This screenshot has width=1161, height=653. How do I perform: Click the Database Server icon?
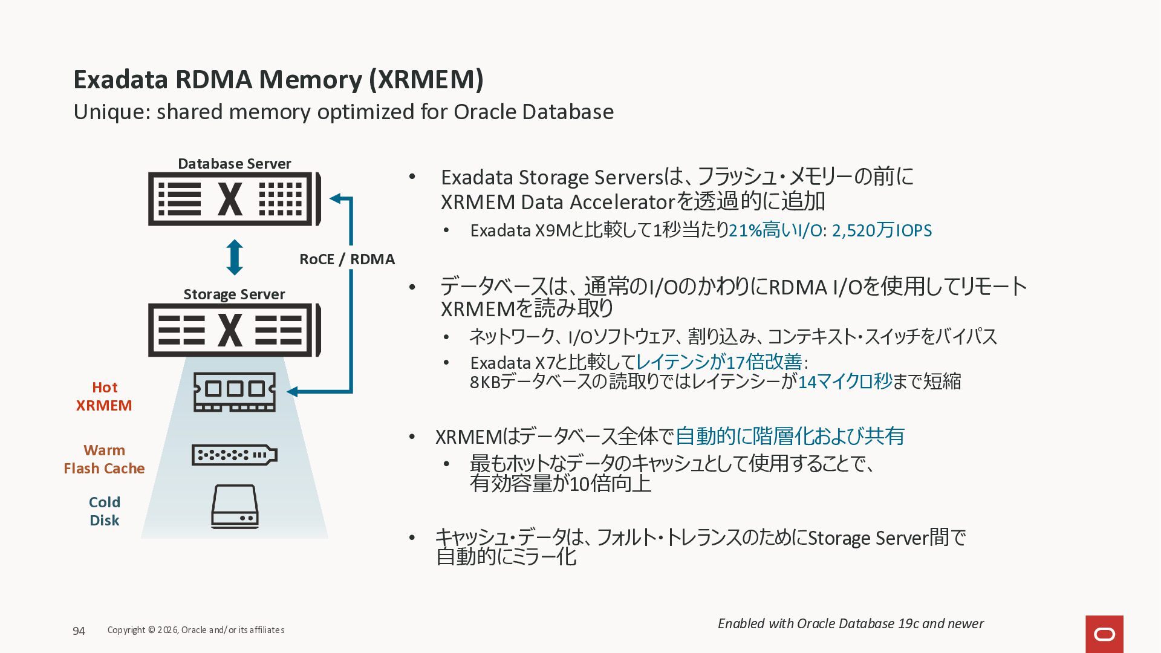[234, 199]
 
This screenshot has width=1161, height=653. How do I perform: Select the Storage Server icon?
[234, 330]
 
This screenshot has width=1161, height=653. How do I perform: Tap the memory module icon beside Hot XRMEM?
[235, 392]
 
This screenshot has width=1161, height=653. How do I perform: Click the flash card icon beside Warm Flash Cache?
[234, 455]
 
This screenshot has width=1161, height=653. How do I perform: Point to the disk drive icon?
[235, 507]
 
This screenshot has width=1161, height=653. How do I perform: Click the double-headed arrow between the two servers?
[235, 258]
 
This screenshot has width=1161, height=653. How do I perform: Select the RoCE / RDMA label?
[346, 259]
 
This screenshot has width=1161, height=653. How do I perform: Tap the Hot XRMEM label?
[104, 397]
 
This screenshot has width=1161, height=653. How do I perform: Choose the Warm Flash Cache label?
[104, 460]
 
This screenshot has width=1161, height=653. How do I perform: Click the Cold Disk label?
[104, 512]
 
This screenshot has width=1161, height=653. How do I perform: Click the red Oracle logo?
[1104, 634]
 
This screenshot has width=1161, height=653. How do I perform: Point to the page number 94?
[79, 631]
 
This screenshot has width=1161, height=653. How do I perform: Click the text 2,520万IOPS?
[882, 230]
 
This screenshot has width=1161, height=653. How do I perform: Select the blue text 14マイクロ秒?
[845, 382]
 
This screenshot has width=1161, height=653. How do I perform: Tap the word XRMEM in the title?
[426, 80]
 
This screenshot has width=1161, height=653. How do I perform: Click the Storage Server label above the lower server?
[234, 294]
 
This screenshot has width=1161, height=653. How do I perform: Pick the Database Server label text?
[234, 164]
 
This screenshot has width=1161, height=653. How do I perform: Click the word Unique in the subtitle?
[108, 112]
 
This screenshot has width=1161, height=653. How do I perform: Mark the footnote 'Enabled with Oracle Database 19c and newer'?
[850, 624]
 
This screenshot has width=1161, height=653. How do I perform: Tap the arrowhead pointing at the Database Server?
[336, 198]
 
